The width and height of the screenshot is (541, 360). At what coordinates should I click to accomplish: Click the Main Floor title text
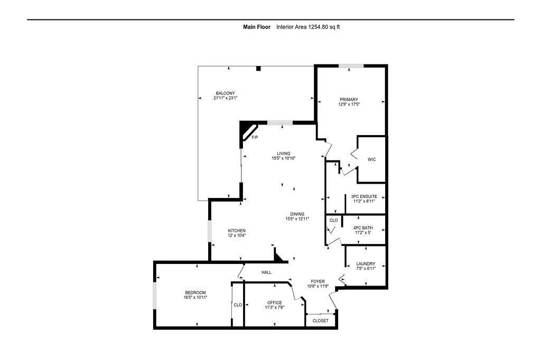tap(256, 26)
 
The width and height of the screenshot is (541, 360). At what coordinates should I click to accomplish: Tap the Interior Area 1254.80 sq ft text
tap(308, 26)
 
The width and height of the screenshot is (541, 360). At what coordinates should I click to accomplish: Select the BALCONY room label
tap(225, 93)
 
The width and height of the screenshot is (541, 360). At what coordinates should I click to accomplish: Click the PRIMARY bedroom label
tap(349, 99)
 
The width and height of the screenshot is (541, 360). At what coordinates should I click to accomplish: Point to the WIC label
tap(371, 159)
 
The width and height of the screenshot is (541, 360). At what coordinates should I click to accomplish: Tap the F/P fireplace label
tap(254, 138)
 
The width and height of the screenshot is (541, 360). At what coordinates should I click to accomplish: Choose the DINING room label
tap(297, 214)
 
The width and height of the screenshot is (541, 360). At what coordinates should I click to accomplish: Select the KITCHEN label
tap(237, 231)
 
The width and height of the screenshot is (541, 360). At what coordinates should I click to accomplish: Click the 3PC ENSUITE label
tap(364, 196)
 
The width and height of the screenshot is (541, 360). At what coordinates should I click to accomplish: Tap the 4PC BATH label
tap(363, 228)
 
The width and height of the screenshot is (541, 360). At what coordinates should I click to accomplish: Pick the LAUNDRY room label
tap(366, 263)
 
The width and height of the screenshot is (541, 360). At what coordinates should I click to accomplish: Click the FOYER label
tap(318, 281)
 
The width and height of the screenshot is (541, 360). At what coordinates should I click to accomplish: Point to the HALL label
tap(266, 272)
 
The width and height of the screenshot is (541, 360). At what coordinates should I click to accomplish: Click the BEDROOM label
tap(195, 292)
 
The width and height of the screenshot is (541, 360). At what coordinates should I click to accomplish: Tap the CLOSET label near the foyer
tap(320, 320)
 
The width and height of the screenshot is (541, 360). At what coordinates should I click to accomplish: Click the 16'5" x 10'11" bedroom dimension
tap(195, 298)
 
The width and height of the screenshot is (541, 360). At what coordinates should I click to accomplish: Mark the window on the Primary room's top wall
tap(351, 65)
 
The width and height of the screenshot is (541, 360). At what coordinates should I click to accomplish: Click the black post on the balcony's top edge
tap(258, 69)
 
